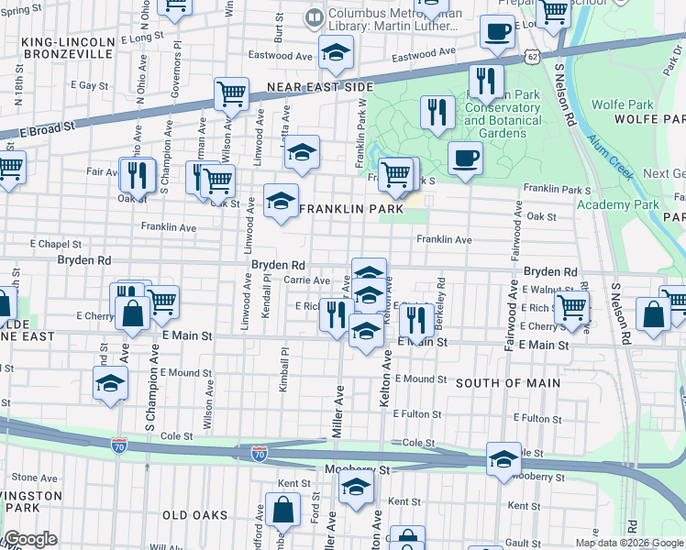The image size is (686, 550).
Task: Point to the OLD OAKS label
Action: (194, 515)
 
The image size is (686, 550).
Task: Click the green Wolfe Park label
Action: (621, 104)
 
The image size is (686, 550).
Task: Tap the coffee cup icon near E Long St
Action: (497, 31)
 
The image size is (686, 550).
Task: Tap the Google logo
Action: (31, 539)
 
